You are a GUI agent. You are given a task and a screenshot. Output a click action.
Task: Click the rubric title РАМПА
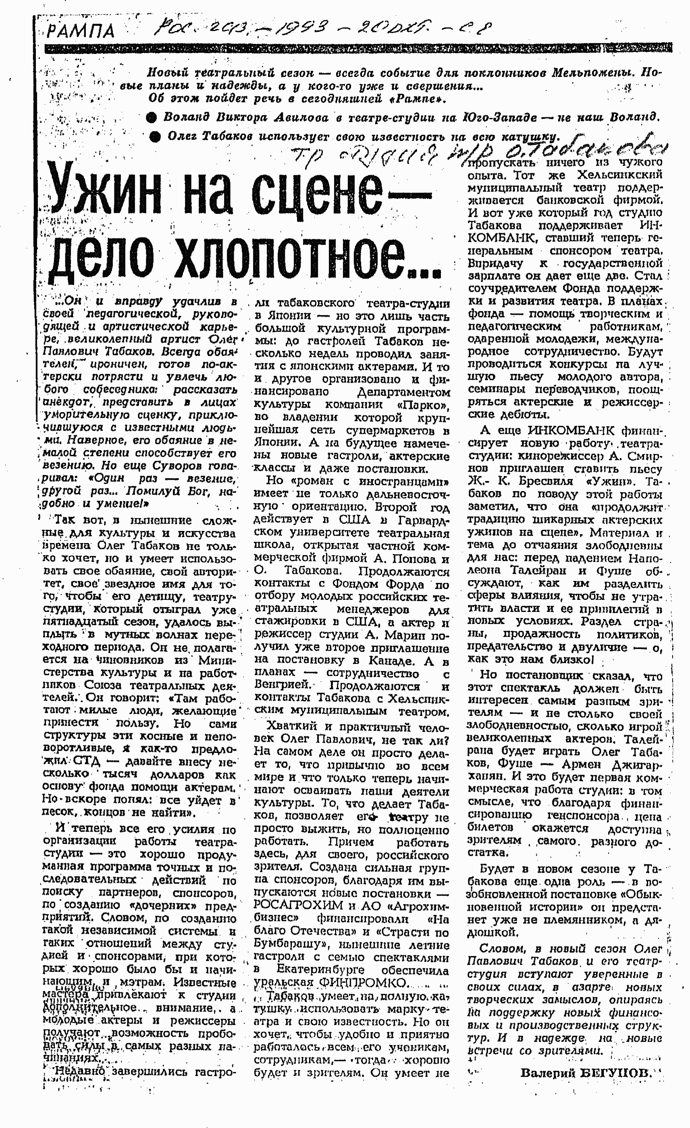coord(81,31)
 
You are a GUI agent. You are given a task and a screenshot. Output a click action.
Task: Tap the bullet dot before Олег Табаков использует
coord(155,137)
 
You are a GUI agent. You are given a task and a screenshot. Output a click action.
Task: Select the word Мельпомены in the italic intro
coord(588,73)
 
